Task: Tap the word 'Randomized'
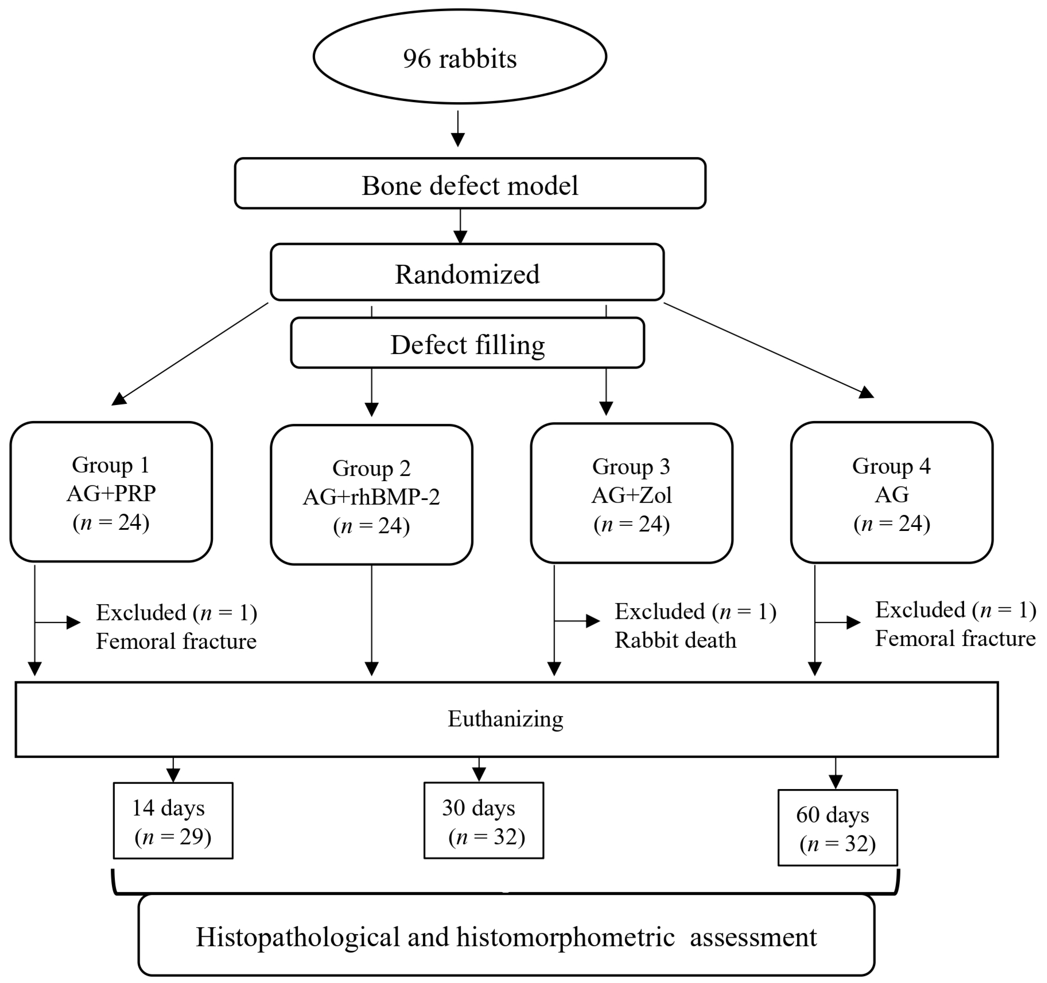(467, 274)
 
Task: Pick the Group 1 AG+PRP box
(111, 492)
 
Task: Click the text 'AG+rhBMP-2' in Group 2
(371, 497)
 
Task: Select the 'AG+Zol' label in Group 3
(631, 495)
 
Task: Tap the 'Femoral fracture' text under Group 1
(176, 641)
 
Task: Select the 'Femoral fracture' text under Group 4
(955, 638)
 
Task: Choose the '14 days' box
(173, 821)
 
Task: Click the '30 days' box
(484, 821)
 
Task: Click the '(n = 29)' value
(173, 837)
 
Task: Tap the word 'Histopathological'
(298, 937)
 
